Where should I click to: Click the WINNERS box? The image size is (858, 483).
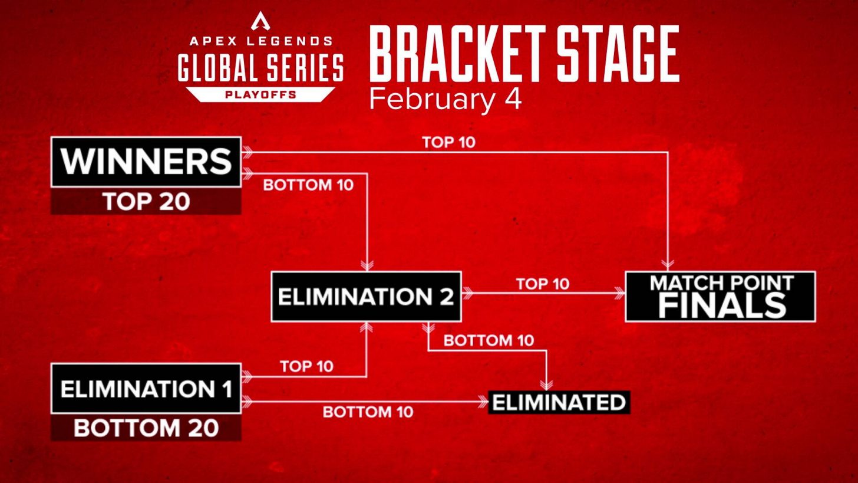pyautogui.click(x=146, y=162)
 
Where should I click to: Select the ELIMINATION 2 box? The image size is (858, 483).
pyautogui.click(x=365, y=297)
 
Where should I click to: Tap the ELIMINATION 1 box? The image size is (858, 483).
pyautogui.click(x=146, y=389)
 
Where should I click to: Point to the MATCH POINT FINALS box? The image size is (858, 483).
pyautogui.click(x=720, y=297)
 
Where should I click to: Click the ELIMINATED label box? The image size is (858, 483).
pyautogui.click(x=559, y=402)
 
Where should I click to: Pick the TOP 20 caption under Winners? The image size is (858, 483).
pyautogui.click(x=146, y=202)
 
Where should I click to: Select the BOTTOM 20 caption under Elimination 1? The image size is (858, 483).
pyautogui.click(x=146, y=428)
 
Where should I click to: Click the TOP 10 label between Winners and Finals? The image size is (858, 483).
pyautogui.click(x=448, y=142)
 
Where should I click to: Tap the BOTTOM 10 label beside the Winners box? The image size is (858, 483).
pyautogui.click(x=308, y=185)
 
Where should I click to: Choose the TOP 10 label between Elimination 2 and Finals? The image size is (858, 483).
pyautogui.click(x=543, y=284)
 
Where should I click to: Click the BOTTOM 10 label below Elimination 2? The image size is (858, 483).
pyautogui.click(x=489, y=340)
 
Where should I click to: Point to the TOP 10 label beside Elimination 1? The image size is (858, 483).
pyautogui.click(x=306, y=366)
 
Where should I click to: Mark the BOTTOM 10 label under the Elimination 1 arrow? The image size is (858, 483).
pyautogui.click(x=368, y=412)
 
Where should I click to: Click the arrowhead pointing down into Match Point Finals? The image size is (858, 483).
pyautogui.click(x=668, y=264)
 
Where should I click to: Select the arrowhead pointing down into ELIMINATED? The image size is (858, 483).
pyautogui.click(x=546, y=385)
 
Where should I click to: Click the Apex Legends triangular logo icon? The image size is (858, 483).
pyautogui.click(x=260, y=21)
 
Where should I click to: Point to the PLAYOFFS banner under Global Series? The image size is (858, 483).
pyautogui.click(x=260, y=94)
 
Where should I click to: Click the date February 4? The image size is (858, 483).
pyautogui.click(x=445, y=99)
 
